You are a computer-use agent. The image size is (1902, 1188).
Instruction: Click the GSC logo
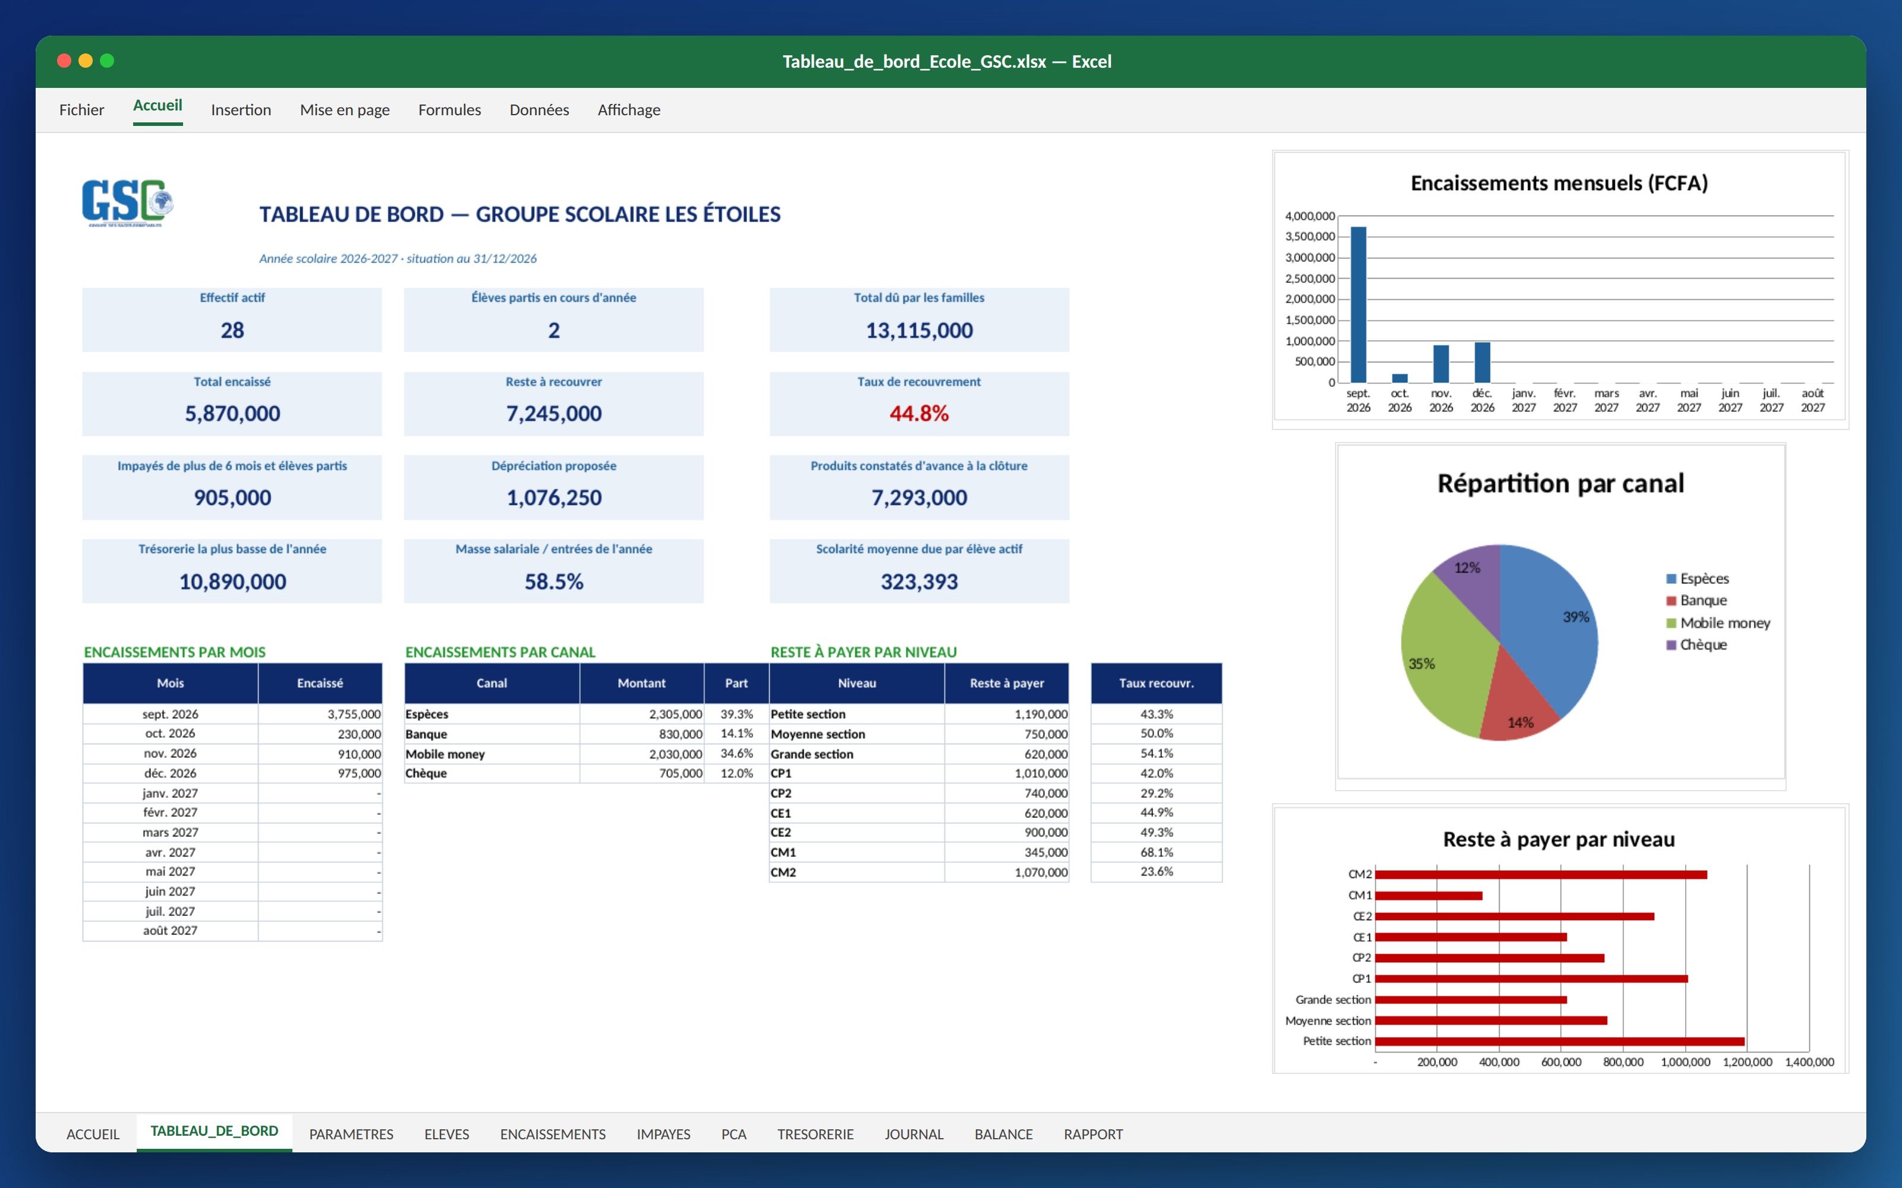127,203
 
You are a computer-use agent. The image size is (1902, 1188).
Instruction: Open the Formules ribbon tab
449,110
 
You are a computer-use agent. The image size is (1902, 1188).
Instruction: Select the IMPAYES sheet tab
663,1134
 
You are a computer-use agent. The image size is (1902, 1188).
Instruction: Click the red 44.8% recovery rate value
919,413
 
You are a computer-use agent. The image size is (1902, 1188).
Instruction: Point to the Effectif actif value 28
232,330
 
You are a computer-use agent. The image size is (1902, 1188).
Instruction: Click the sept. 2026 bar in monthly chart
1358,305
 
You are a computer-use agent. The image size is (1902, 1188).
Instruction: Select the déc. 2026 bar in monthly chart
1482,362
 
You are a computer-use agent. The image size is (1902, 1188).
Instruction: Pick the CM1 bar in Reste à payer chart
1429,896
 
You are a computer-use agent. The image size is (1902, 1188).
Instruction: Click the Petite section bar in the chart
1560,1042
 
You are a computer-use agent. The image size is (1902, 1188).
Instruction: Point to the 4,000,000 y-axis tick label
1309,216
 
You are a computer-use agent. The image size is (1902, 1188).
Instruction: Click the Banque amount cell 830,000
681,734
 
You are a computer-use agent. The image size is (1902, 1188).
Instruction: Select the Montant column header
641,683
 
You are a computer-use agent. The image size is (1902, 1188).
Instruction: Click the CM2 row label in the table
783,872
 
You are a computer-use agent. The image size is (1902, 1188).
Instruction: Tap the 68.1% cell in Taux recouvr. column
1156,852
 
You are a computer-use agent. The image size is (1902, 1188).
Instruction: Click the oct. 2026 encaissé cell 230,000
359,734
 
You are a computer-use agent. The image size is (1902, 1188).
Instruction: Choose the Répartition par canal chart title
1560,483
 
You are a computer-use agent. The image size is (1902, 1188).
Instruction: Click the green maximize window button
107,61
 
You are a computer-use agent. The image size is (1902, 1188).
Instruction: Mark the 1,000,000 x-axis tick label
1685,1062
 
